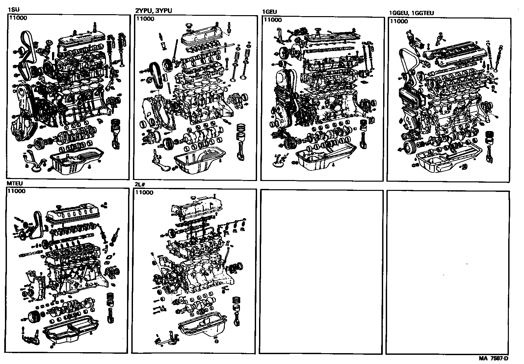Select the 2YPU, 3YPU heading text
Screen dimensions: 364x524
click(x=153, y=11)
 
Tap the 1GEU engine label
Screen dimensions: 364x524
click(x=269, y=12)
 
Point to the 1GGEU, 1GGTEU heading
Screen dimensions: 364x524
click(x=411, y=13)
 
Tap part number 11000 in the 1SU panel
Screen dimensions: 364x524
click(x=18, y=18)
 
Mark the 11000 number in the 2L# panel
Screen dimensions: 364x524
click(x=144, y=193)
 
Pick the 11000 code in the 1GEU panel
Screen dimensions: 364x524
click(x=273, y=20)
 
